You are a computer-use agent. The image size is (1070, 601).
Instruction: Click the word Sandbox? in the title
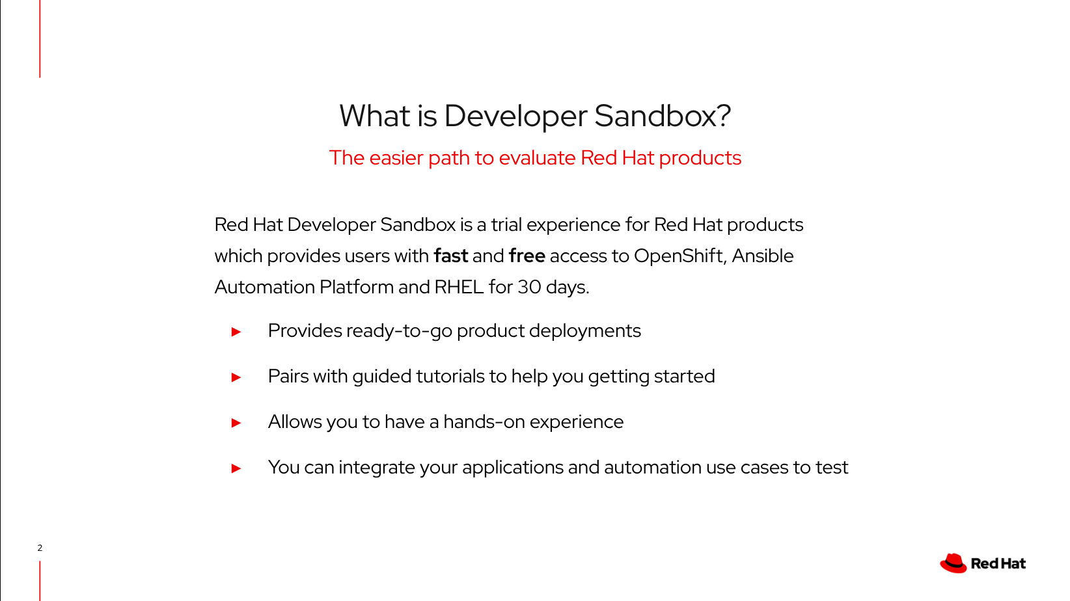(x=662, y=116)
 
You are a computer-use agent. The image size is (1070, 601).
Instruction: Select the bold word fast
(x=450, y=256)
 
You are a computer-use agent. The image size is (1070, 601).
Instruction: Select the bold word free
(x=527, y=256)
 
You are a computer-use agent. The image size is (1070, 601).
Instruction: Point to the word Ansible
(x=762, y=256)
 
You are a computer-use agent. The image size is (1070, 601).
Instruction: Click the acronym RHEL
(x=459, y=287)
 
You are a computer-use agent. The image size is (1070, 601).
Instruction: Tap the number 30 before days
(x=529, y=287)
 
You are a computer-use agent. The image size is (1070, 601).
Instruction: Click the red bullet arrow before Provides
(x=236, y=332)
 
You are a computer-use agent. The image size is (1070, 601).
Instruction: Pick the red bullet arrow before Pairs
(x=236, y=377)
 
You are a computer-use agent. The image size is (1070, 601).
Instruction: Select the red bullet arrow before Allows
(x=236, y=423)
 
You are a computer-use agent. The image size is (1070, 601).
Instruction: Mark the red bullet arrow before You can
(x=236, y=468)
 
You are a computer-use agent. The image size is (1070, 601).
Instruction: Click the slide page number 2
(x=40, y=548)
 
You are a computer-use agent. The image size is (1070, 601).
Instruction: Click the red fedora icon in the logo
(x=953, y=563)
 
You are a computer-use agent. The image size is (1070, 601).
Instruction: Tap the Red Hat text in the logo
(x=998, y=564)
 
